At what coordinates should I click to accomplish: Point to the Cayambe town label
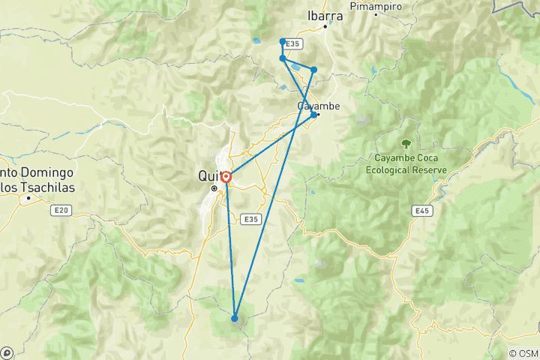point(319,106)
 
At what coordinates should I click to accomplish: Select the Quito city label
point(210,175)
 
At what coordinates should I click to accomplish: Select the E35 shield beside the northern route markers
point(292,45)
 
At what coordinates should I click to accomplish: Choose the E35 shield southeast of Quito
point(251,219)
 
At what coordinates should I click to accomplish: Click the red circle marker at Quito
point(226,178)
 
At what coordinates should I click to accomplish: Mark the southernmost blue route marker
point(235,319)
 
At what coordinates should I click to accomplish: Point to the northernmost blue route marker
point(282,41)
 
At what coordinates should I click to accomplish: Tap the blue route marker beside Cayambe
point(313,115)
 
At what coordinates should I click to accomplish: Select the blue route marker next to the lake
point(313,70)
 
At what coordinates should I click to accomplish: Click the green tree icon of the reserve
point(406,143)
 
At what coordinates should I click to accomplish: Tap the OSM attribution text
point(524,353)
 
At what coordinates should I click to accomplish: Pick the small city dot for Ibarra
point(325,27)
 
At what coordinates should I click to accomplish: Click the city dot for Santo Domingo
point(28,198)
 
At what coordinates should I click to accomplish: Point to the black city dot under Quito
point(214,188)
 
